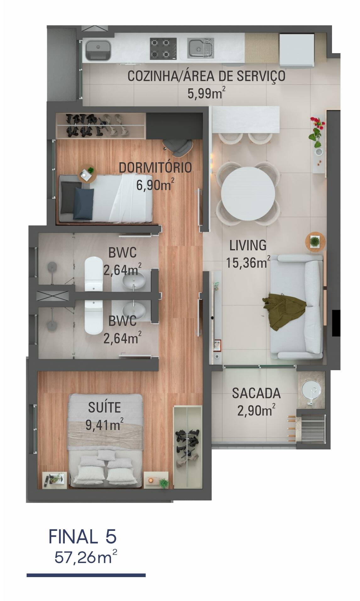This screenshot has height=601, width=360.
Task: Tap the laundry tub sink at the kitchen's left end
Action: coord(98,50)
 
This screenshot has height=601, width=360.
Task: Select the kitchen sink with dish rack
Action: coord(201,48)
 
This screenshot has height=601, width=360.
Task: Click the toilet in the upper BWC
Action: coord(94,274)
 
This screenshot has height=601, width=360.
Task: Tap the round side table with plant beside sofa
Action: coord(314,242)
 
